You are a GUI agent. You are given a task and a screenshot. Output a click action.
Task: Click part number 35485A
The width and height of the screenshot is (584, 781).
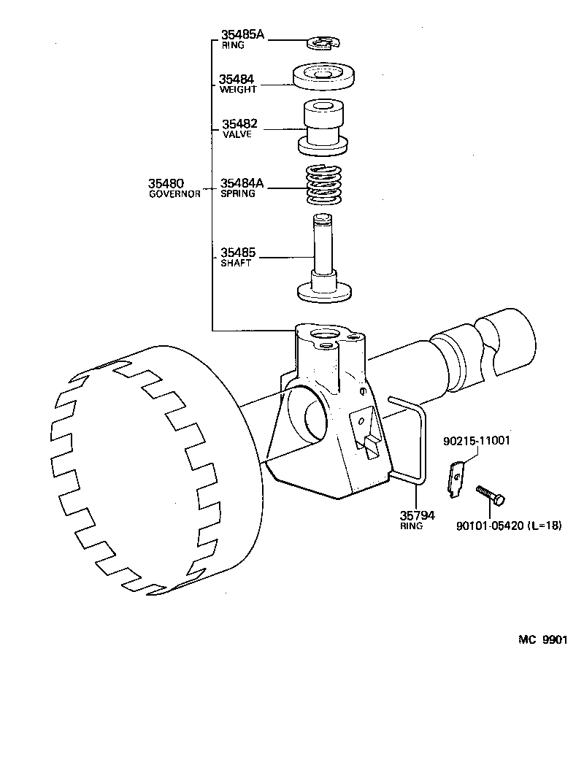click(x=243, y=34)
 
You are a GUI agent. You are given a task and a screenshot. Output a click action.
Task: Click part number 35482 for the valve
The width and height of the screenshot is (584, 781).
click(x=239, y=124)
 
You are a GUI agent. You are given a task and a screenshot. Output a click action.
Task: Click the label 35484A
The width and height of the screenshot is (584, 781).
click(x=243, y=183)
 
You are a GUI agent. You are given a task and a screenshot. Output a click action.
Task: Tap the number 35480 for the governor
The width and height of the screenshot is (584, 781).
click(x=167, y=183)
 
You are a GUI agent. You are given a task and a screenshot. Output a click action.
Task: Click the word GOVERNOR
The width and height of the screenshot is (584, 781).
click(x=174, y=195)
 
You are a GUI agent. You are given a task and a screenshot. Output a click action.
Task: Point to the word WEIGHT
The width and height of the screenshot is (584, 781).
click(x=238, y=90)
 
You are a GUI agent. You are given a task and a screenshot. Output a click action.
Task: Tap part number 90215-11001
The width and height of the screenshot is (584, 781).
click(x=477, y=441)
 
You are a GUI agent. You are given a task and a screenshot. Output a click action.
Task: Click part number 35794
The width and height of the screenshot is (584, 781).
click(x=417, y=515)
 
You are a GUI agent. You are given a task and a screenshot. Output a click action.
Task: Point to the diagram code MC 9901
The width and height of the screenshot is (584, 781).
click(x=542, y=639)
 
